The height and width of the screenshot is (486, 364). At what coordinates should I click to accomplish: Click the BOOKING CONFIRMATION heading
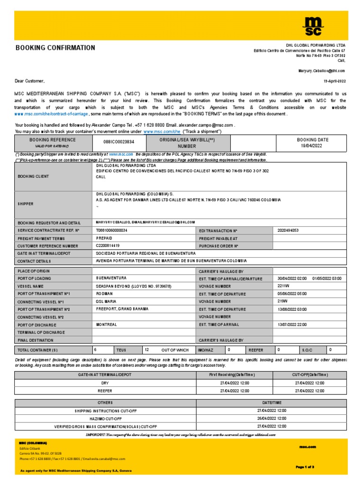tap(55, 48)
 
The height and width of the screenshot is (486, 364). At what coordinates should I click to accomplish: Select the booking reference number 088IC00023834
tap(118, 142)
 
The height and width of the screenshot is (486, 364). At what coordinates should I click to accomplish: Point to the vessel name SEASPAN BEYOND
tap(134, 286)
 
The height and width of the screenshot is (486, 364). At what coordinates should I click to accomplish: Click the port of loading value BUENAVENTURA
tap(112, 278)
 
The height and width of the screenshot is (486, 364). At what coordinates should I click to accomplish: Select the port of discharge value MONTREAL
tap(107, 325)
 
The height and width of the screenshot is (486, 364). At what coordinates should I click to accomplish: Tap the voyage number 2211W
tap(283, 286)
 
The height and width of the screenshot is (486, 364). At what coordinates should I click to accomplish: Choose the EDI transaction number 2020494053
tap(288, 230)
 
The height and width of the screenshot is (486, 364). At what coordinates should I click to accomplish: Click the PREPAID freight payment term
tap(104, 238)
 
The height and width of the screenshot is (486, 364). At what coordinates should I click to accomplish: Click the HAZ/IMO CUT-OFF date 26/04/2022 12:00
tap(271, 418)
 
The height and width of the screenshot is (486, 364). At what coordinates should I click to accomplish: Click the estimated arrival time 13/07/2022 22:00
tap(292, 325)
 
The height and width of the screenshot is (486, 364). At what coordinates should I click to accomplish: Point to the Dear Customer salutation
tap(30, 81)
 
